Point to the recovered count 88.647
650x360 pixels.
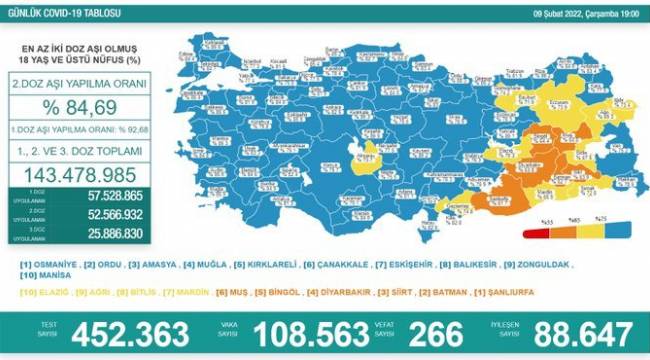tap(573, 332)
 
